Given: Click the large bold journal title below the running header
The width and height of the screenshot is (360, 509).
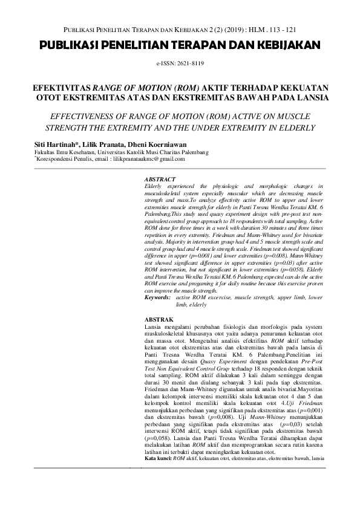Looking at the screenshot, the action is click(180, 45).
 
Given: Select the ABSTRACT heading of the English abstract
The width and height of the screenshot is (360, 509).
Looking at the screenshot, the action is click(160, 180).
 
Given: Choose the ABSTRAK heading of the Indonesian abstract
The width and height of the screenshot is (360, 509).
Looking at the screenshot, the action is click(159, 319).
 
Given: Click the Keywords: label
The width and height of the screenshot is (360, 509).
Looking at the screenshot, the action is click(158, 298).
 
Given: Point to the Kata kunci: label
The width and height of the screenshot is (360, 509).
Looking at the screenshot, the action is click(158, 459).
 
